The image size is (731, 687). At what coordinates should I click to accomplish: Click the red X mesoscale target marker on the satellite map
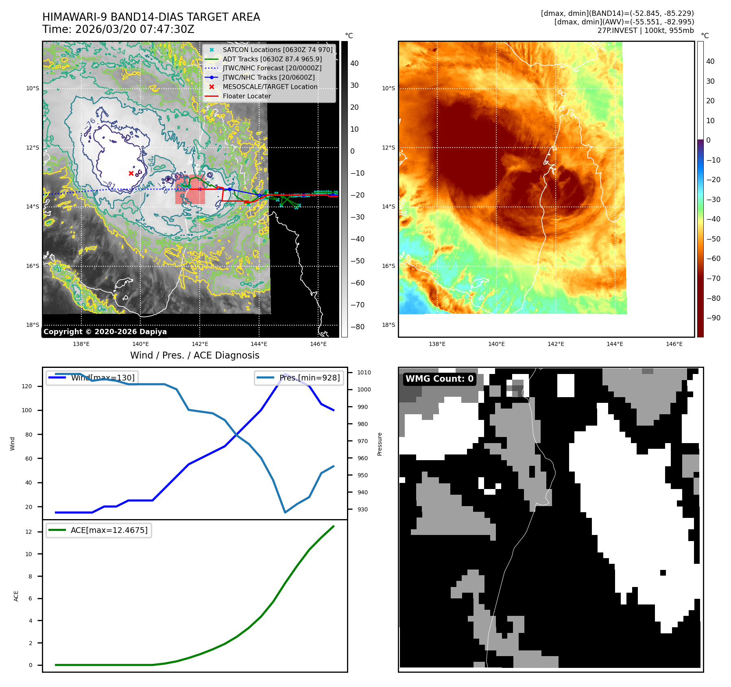point(131,173)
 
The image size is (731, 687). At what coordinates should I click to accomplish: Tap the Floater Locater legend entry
point(247,96)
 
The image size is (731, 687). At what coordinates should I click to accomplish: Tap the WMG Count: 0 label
point(439,379)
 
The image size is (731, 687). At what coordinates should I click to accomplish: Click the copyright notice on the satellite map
point(105,332)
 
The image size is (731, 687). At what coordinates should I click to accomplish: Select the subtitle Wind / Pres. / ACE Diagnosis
point(194,355)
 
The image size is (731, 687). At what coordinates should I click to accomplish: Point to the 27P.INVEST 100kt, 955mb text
point(646,30)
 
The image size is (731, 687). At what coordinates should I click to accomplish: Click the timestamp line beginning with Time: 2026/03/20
point(118,30)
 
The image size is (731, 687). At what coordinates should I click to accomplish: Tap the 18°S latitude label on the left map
point(33,325)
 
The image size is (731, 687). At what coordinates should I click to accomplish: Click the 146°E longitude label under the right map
point(674,344)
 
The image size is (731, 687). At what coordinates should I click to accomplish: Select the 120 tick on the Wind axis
point(27,386)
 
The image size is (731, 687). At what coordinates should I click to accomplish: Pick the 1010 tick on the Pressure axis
point(364,372)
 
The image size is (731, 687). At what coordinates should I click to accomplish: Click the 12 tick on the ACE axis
point(28,532)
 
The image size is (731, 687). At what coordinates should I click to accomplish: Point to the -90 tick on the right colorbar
point(713,318)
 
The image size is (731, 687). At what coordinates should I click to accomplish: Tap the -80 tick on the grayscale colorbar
point(358,327)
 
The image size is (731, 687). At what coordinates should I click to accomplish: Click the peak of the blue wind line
point(285,374)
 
